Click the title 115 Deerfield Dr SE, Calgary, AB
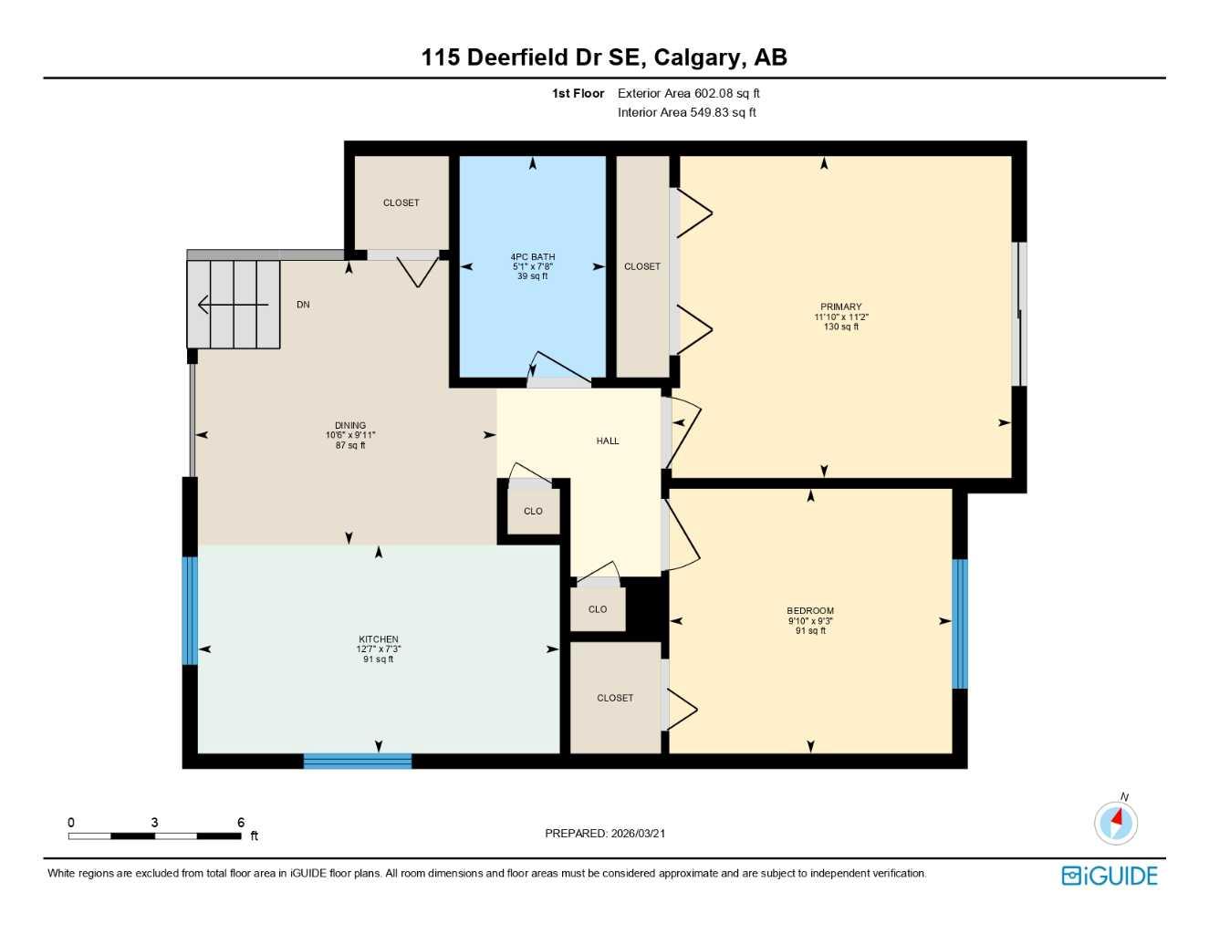coord(603,57)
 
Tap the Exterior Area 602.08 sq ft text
coord(688,93)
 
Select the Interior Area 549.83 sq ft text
coord(686,112)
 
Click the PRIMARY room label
coord(840,307)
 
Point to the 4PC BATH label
coord(532,257)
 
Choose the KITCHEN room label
coord(378,639)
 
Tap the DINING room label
coord(349,425)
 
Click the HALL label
coord(607,441)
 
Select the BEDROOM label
coord(809,611)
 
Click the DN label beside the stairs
coord(303,305)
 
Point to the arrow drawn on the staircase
coord(232,305)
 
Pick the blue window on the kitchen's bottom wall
coord(357,761)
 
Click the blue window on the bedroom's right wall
coord(959,624)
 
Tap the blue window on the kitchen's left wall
coord(189,610)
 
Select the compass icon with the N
coord(1115,823)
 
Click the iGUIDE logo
coord(1109,876)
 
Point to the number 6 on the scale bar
coord(241,823)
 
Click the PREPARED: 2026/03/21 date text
coord(604,833)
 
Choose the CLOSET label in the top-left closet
coord(401,202)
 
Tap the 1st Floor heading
coord(578,93)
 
